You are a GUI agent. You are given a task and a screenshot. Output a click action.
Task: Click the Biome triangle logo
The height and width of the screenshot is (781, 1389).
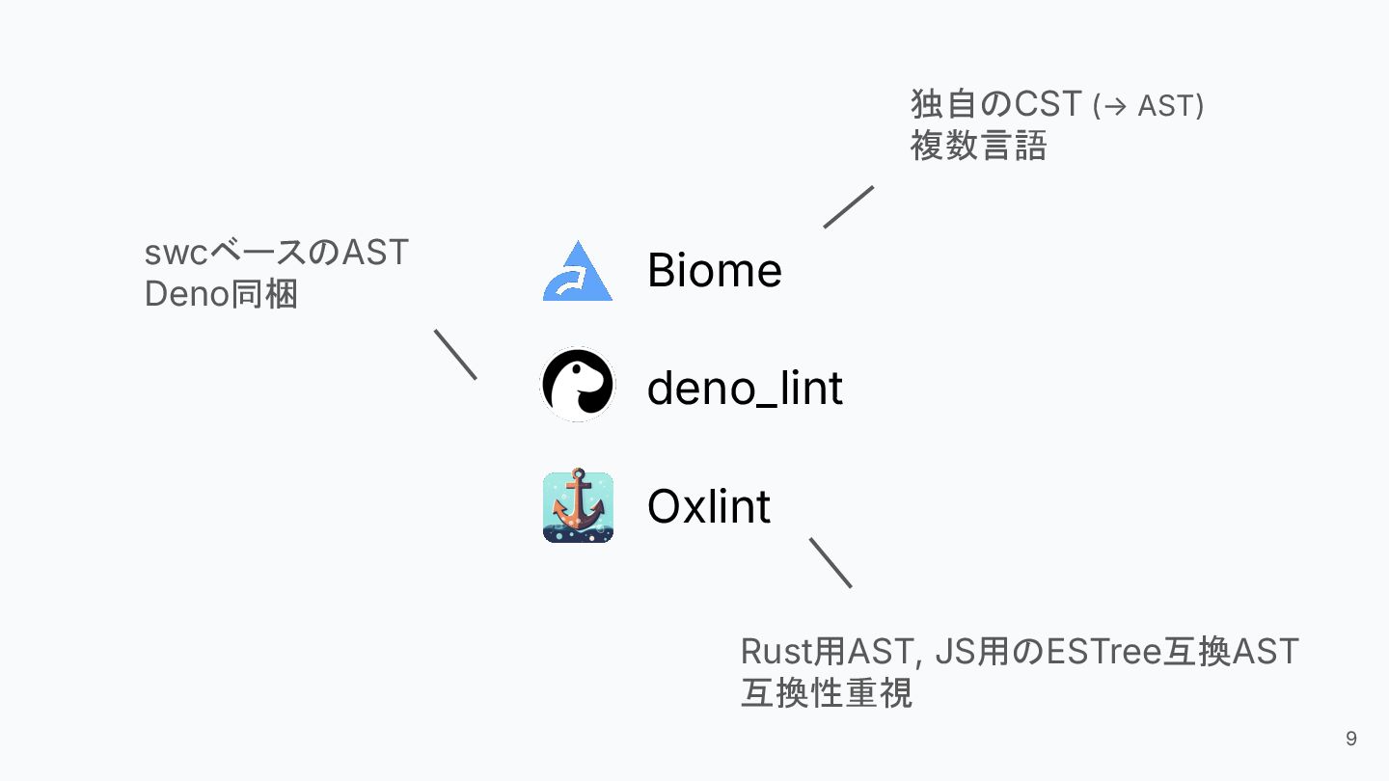click(x=578, y=273)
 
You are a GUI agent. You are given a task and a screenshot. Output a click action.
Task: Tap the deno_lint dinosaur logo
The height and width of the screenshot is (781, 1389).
click(x=578, y=385)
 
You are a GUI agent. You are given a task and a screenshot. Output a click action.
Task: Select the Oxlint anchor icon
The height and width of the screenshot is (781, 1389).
click(x=578, y=507)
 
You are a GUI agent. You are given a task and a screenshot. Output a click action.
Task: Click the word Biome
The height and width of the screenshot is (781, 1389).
click(x=714, y=270)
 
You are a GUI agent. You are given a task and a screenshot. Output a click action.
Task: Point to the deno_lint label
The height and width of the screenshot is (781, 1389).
click(x=745, y=389)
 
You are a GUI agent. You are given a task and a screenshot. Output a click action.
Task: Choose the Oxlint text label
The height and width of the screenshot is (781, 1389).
click(x=708, y=506)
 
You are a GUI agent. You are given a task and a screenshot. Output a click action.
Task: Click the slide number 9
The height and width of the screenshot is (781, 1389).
click(x=1350, y=739)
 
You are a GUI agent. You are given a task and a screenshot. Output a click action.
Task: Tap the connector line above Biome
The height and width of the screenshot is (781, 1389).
click(x=849, y=206)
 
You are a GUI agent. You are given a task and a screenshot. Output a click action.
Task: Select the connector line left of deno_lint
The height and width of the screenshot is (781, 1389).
click(x=455, y=354)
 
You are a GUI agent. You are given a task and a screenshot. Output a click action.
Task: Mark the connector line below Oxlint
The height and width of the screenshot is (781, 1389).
click(x=831, y=562)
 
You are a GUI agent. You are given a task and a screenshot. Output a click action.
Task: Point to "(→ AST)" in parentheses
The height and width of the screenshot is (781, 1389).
click(x=1148, y=105)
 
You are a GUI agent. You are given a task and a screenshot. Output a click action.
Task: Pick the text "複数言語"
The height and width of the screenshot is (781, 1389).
click(x=978, y=146)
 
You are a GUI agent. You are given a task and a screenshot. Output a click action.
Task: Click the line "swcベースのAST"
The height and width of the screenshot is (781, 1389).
click(x=277, y=253)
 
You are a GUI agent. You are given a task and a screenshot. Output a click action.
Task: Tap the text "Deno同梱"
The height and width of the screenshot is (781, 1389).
click(x=221, y=294)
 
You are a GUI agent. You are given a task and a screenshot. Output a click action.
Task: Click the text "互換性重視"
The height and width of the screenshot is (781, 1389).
click(x=826, y=693)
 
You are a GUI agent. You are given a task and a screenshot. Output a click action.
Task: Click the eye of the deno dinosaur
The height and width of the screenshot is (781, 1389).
click(x=576, y=367)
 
